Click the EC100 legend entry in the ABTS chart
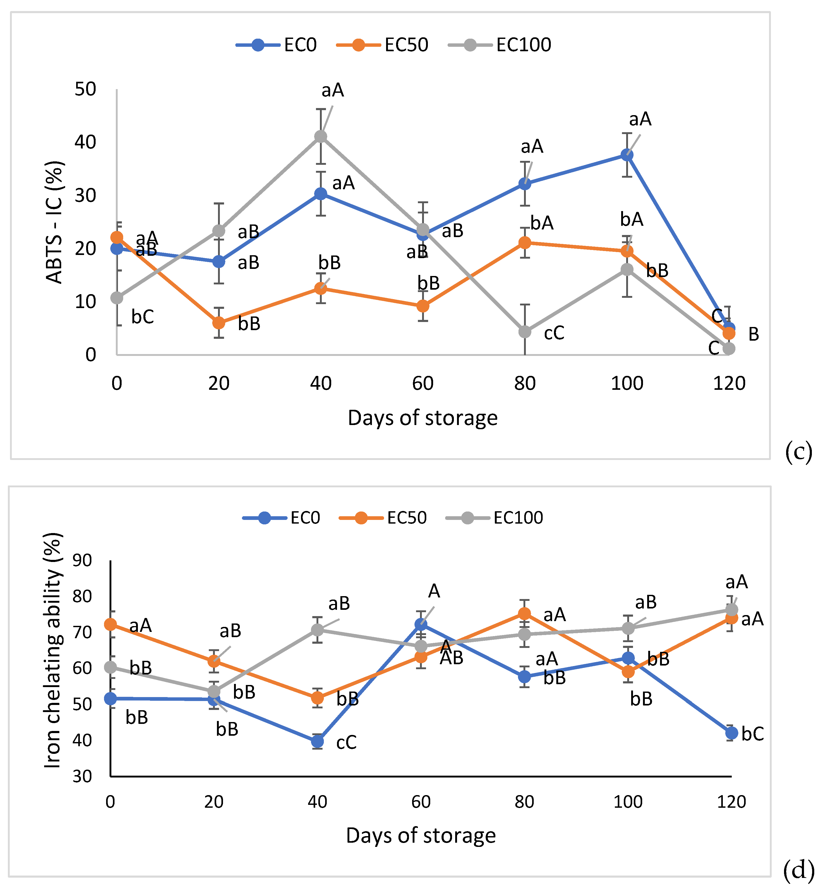523,45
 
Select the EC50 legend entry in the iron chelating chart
406,518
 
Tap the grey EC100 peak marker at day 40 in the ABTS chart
320,136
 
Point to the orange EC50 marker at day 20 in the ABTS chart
219,323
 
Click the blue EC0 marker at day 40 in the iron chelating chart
317,742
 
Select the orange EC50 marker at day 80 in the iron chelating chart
525,613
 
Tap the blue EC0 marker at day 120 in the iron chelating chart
731,733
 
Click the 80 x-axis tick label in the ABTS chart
525,383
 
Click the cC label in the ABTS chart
554,333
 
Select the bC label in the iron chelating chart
753,734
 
